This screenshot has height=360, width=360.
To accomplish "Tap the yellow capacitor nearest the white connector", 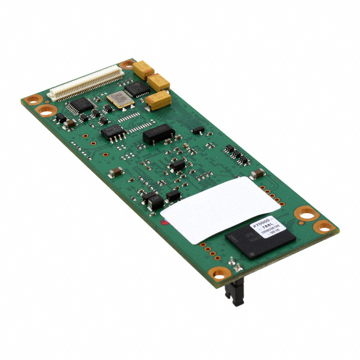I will click(143, 69).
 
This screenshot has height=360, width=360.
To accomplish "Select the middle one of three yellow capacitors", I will click(159, 82).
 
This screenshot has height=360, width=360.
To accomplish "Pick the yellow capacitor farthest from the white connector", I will click(158, 100).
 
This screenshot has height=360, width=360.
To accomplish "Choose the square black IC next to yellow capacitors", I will click(136, 88).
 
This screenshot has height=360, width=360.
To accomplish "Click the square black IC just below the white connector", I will click(82, 103).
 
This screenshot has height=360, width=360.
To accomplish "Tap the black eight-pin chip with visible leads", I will click(113, 132).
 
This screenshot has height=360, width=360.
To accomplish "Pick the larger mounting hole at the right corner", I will click(306, 213).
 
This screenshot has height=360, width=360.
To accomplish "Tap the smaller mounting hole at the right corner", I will click(324, 227).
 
